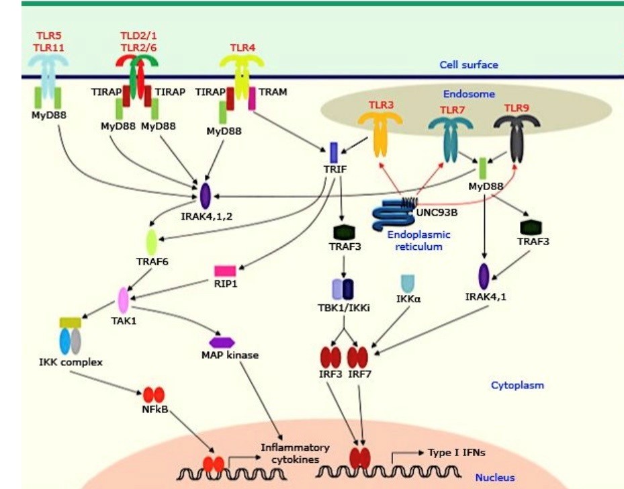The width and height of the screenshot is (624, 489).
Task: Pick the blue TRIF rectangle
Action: (x=334, y=152)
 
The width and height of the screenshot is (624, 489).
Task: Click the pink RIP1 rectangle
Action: (x=225, y=271)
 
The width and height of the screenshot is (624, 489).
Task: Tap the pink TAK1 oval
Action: (x=124, y=299)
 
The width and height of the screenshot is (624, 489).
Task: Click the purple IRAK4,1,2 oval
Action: (x=206, y=196)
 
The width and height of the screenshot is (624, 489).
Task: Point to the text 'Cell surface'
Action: (x=469, y=65)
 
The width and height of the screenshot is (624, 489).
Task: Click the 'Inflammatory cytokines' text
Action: (x=296, y=453)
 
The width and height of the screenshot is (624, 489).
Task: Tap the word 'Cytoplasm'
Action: (x=517, y=386)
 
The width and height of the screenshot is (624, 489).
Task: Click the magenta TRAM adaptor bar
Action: (x=252, y=98)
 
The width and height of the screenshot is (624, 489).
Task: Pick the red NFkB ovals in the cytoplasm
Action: (x=153, y=395)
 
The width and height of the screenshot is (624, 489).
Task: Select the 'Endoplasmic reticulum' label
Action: (x=418, y=241)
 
